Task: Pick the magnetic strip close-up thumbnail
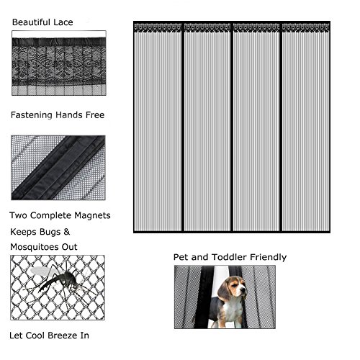point(58,168)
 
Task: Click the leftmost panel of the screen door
point(158,130)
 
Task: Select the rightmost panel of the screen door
point(306,130)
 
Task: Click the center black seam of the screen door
point(232,130)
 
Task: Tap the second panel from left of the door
point(207,130)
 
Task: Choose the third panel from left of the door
point(256,130)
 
